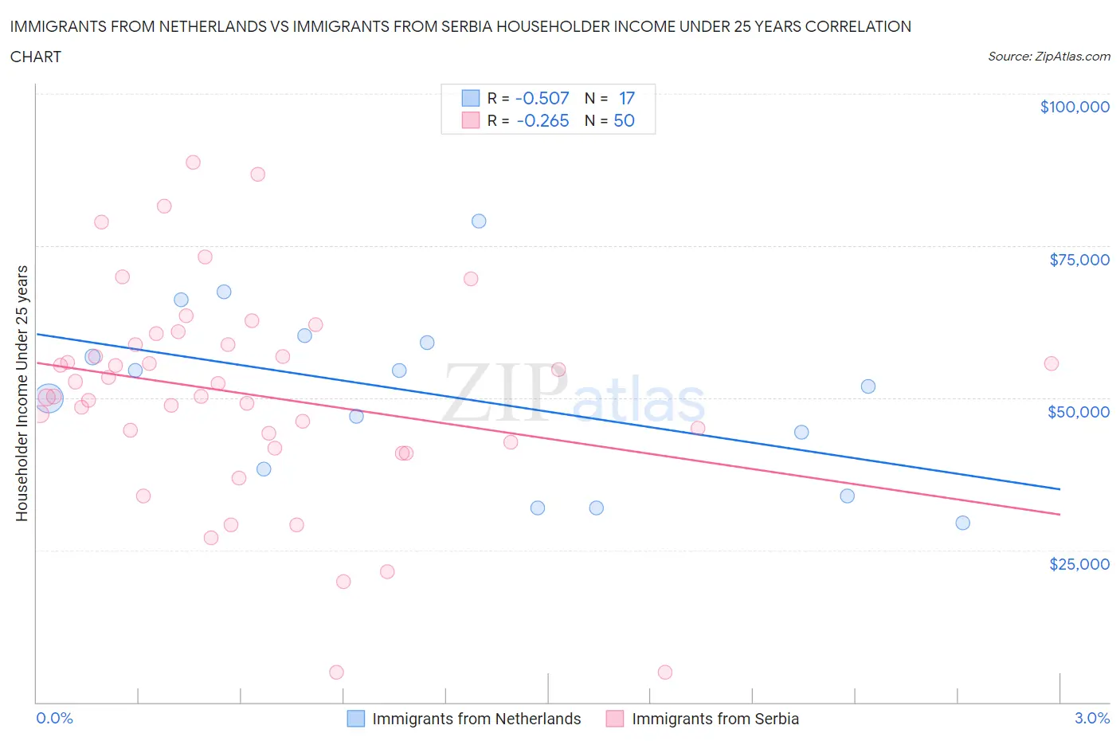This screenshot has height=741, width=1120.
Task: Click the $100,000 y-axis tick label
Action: click(1074, 107)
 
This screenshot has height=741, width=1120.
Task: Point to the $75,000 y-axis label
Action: click(1079, 259)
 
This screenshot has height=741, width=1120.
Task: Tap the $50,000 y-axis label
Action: click(1078, 411)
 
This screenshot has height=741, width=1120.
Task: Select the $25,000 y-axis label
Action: click(1079, 563)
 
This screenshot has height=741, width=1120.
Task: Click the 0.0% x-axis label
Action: click(54, 718)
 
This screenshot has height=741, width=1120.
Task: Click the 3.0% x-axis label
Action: click(1091, 718)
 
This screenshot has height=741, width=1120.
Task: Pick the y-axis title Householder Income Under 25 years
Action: click(22, 393)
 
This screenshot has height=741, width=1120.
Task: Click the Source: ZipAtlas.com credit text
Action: click(1048, 57)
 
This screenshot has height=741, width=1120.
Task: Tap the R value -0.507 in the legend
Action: click(542, 98)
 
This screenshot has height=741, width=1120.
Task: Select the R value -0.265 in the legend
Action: click(542, 120)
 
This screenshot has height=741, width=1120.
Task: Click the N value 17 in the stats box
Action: click(626, 98)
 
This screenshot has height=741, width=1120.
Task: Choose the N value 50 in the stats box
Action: click(624, 120)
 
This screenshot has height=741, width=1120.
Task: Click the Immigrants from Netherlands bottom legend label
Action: click(476, 719)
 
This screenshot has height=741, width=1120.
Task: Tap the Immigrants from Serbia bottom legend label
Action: click(715, 719)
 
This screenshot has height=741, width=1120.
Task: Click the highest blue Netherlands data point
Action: click(479, 221)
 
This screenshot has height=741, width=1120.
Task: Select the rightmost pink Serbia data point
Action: click(1051, 363)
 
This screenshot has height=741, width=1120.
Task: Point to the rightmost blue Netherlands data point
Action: click(962, 523)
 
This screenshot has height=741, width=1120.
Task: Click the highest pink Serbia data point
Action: click(193, 162)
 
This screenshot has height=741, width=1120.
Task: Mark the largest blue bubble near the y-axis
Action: click(49, 397)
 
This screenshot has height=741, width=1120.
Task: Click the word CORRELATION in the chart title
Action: click(858, 26)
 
